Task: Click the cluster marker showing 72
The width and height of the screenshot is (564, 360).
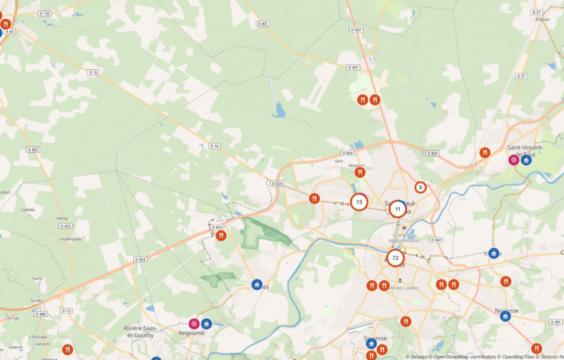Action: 395,258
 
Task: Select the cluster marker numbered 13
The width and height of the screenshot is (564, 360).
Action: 359,202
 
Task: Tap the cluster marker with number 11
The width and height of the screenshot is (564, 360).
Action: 397,209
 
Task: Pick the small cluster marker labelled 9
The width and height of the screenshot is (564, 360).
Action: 421,188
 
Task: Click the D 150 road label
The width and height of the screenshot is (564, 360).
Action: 44,13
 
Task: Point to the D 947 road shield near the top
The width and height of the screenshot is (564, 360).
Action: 356,29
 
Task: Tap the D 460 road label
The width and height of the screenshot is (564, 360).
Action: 41,314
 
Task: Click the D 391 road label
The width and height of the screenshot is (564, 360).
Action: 556,322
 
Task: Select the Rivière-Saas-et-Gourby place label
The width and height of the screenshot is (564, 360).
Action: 139,331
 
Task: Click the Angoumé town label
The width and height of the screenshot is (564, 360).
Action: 191,333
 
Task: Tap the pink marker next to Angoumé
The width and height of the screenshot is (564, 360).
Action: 194,323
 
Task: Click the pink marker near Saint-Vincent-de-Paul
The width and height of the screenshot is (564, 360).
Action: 514,160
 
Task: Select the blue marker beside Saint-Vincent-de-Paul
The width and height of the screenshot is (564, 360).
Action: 526,160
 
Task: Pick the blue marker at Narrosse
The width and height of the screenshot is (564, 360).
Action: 506,316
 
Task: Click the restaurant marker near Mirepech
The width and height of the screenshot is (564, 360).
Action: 360,173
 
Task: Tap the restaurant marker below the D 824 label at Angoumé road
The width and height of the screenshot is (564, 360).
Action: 221,236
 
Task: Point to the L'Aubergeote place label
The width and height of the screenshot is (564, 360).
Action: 69,239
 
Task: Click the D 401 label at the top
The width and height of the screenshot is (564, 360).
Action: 262,23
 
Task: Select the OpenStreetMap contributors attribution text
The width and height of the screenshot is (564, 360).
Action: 467,356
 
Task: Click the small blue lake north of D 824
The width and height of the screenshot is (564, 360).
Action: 279,110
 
